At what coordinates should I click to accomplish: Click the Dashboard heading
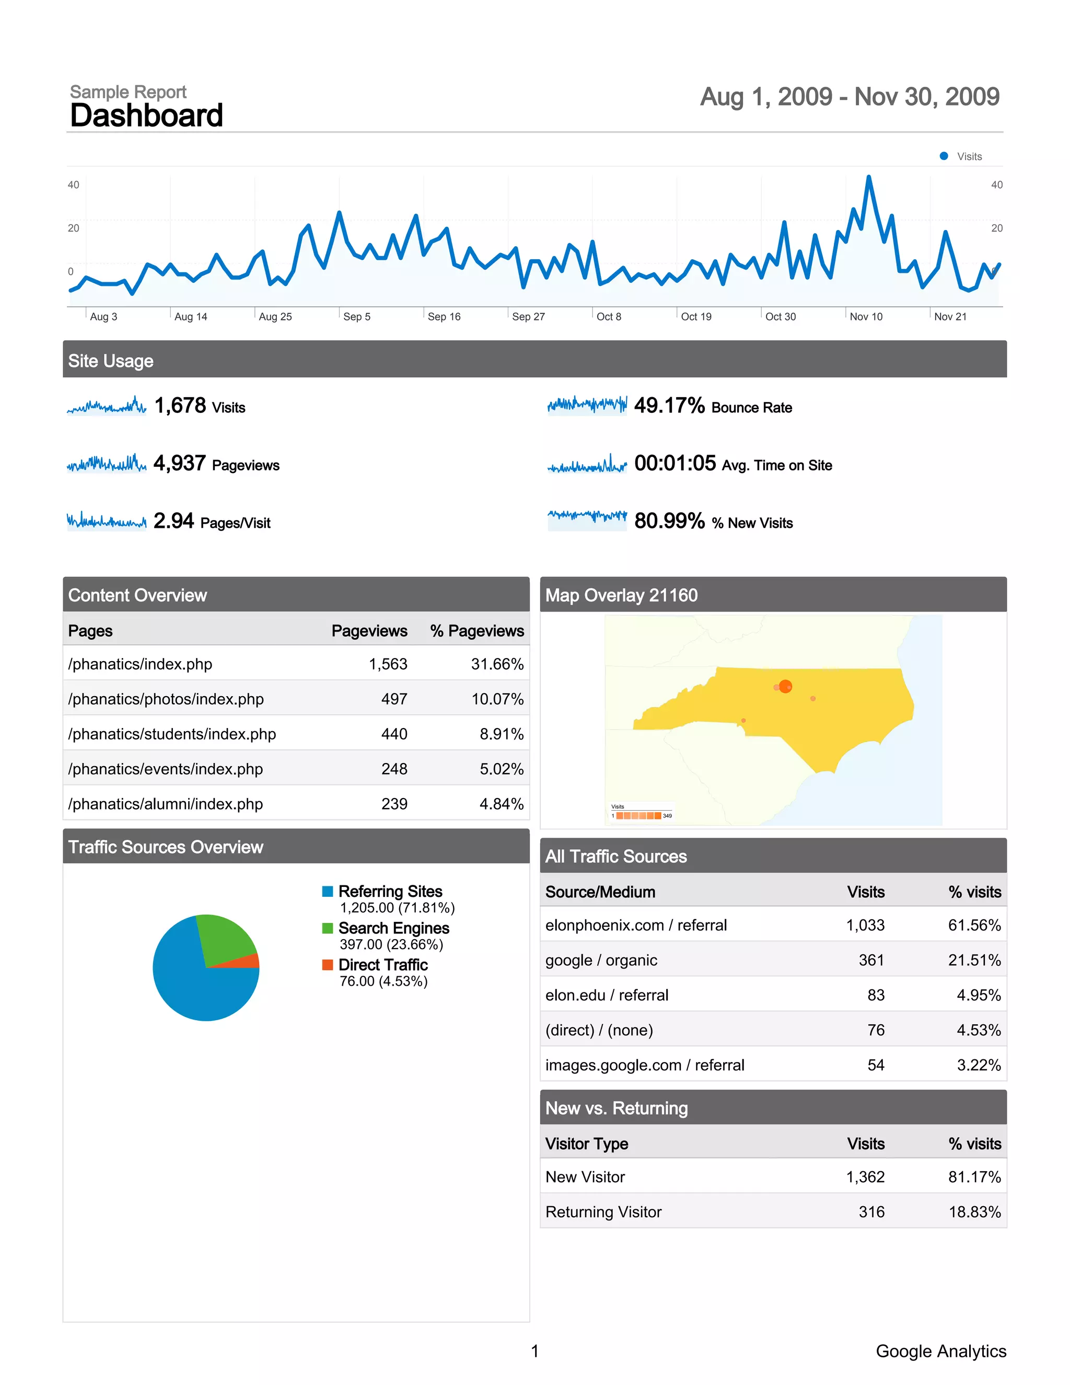click(146, 116)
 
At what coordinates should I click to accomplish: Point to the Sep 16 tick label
click(444, 316)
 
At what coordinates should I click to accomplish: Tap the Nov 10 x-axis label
click(866, 316)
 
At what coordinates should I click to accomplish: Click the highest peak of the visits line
click(868, 178)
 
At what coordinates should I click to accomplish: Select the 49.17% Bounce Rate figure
click(669, 405)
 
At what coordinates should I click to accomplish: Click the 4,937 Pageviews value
click(179, 463)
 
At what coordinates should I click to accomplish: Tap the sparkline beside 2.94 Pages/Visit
click(107, 521)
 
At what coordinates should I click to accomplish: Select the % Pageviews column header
click(476, 630)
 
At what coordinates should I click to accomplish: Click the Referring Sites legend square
click(328, 892)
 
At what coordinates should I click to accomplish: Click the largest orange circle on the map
click(785, 686)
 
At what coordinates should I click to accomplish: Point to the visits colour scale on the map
click(638, 815)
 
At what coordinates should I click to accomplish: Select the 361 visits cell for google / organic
click(871, 960)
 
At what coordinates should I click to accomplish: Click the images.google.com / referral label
click(645, 1065)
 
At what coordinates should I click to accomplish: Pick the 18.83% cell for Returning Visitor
click(974, 1212)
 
